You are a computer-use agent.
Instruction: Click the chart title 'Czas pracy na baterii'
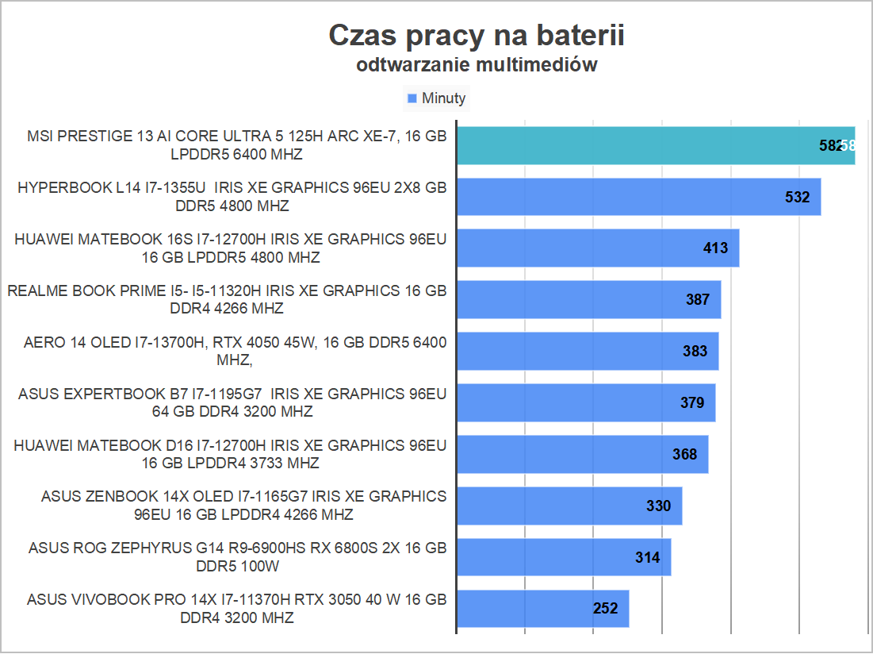click(477, 35)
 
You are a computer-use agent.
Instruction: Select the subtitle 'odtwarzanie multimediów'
click(477, 65)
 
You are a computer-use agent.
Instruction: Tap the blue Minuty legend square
click(412, 98)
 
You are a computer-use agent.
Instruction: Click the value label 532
click(797, 197)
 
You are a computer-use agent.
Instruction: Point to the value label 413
click(715, 248)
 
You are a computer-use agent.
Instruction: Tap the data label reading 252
click(605, 609)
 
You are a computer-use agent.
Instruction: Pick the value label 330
click(658, 506)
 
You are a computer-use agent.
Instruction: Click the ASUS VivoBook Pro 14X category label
click(236, 608)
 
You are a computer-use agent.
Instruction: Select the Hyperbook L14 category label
click(232, 197)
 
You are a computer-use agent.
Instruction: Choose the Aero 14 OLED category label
click(235, 351)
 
